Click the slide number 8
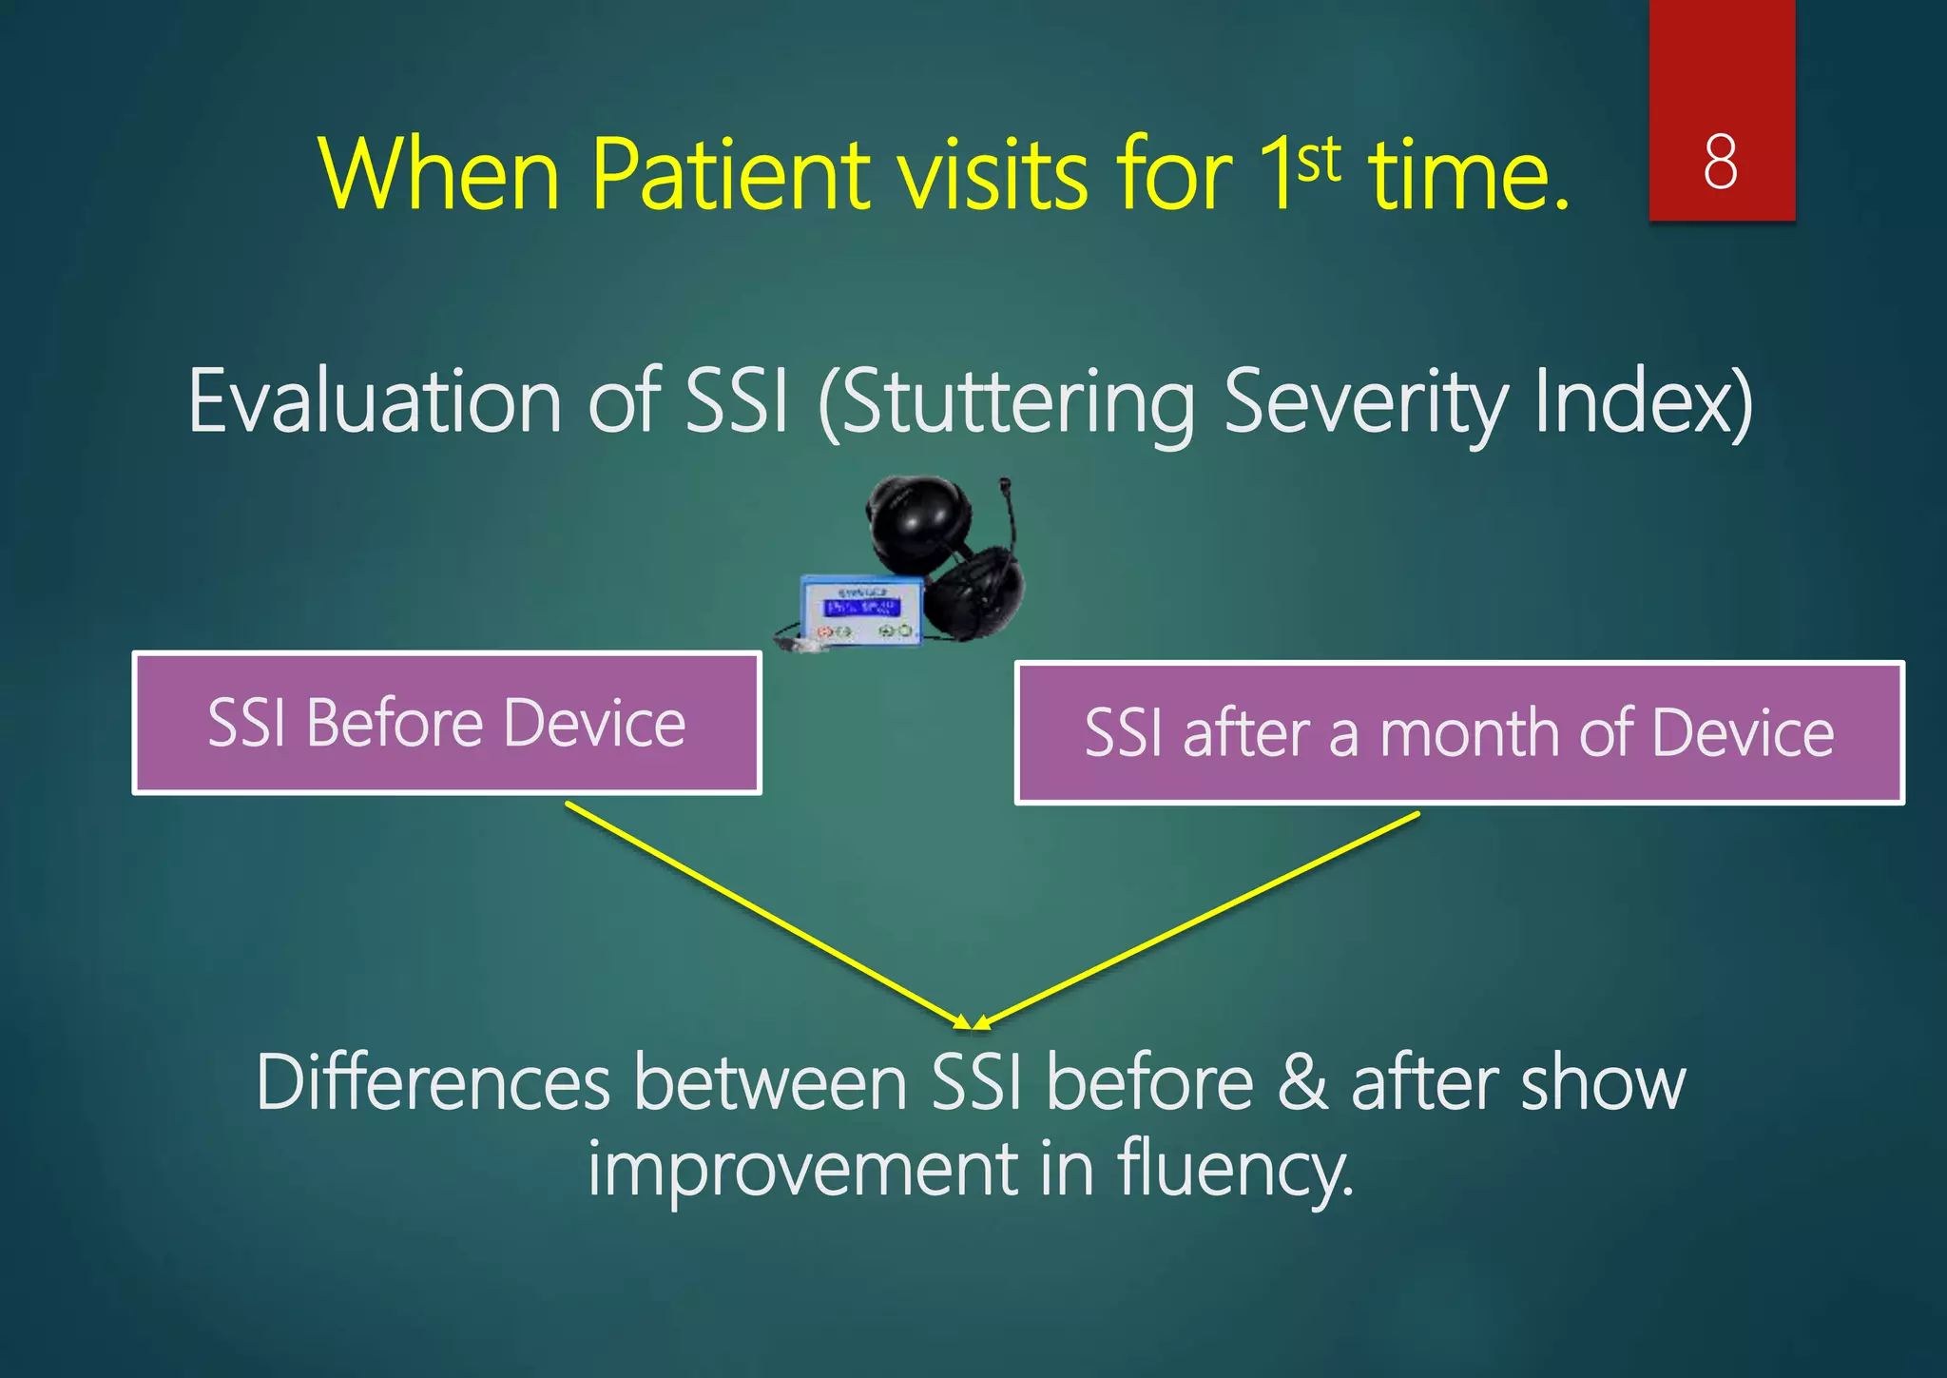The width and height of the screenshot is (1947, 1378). click(1721, 162)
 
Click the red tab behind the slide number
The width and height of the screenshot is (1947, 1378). click(1721, 57)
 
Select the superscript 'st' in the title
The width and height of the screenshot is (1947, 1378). click(1319, 160)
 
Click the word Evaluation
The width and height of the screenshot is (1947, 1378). click(375, 402)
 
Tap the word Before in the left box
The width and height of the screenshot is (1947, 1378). click(395, 723)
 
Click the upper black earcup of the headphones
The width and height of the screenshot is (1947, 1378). click(917, 518)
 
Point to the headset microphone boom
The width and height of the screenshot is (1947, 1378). click(1010, 518)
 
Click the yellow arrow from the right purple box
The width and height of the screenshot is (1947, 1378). click(1198, 919)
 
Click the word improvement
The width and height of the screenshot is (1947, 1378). click(803, 1170)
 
